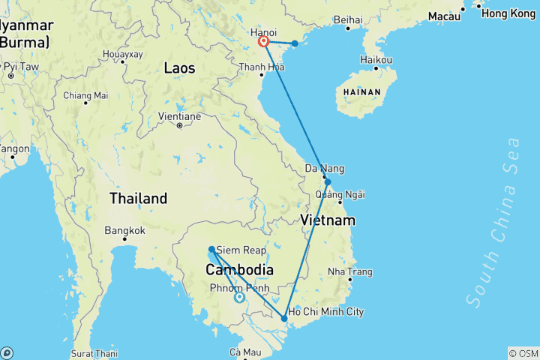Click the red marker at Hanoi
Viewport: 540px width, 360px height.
264,42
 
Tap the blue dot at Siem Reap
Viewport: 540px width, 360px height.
211,249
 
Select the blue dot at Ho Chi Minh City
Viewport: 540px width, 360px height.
284,319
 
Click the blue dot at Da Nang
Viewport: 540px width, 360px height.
328,181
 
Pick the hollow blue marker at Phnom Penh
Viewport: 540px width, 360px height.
239,297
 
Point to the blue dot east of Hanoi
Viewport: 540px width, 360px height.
295,43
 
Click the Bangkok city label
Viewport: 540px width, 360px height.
124,230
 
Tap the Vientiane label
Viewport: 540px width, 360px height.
179,116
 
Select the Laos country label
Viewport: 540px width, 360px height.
179,68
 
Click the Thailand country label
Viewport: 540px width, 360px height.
138,199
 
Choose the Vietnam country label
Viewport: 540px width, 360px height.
327,220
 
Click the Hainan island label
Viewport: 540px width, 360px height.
362,93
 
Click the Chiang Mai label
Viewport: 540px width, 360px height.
85,95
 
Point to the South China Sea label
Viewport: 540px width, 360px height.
493,221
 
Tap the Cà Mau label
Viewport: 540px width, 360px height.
244,352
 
